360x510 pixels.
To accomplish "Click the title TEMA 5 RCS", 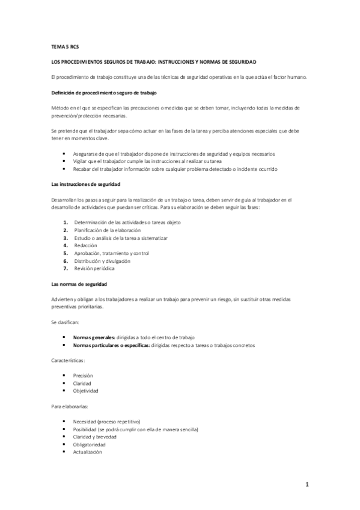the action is point(64,46).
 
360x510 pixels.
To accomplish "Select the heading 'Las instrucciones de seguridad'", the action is point(86,183).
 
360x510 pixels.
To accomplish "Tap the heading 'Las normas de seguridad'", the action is point(79,283).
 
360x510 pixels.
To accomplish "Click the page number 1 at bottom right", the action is point(307,484).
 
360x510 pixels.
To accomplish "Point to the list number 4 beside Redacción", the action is point(65,245).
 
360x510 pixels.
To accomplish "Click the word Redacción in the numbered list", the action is point(85,245).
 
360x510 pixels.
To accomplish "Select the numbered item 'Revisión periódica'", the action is point(94,268).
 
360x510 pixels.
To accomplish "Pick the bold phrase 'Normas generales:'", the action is point(92,337).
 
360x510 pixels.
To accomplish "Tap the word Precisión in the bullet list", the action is point(83,375).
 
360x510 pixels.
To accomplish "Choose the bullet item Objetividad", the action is point(85,390).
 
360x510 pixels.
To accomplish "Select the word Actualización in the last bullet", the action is point(88,452).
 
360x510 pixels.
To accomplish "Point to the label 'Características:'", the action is point(68,360).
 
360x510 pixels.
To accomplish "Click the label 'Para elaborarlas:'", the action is point(70,406).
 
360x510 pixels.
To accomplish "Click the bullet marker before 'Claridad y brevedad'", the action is point(63,437).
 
